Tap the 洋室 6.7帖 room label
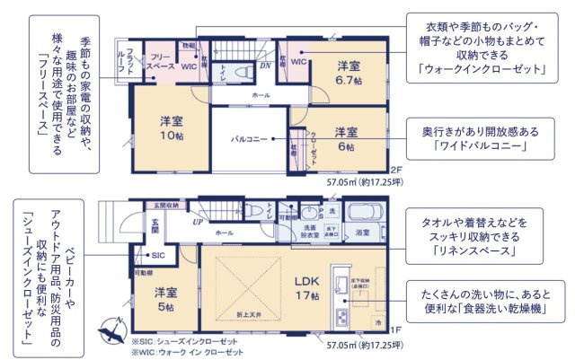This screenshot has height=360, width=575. (x=349, y=73)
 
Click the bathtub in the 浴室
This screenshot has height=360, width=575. (x=365, y=215)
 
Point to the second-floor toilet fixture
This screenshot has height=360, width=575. (x=240, y=72)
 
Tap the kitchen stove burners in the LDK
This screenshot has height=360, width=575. (x=341, y=316)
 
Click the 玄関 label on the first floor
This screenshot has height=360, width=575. (x=155, y=224)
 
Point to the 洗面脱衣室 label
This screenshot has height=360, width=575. (x=310, y=232)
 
